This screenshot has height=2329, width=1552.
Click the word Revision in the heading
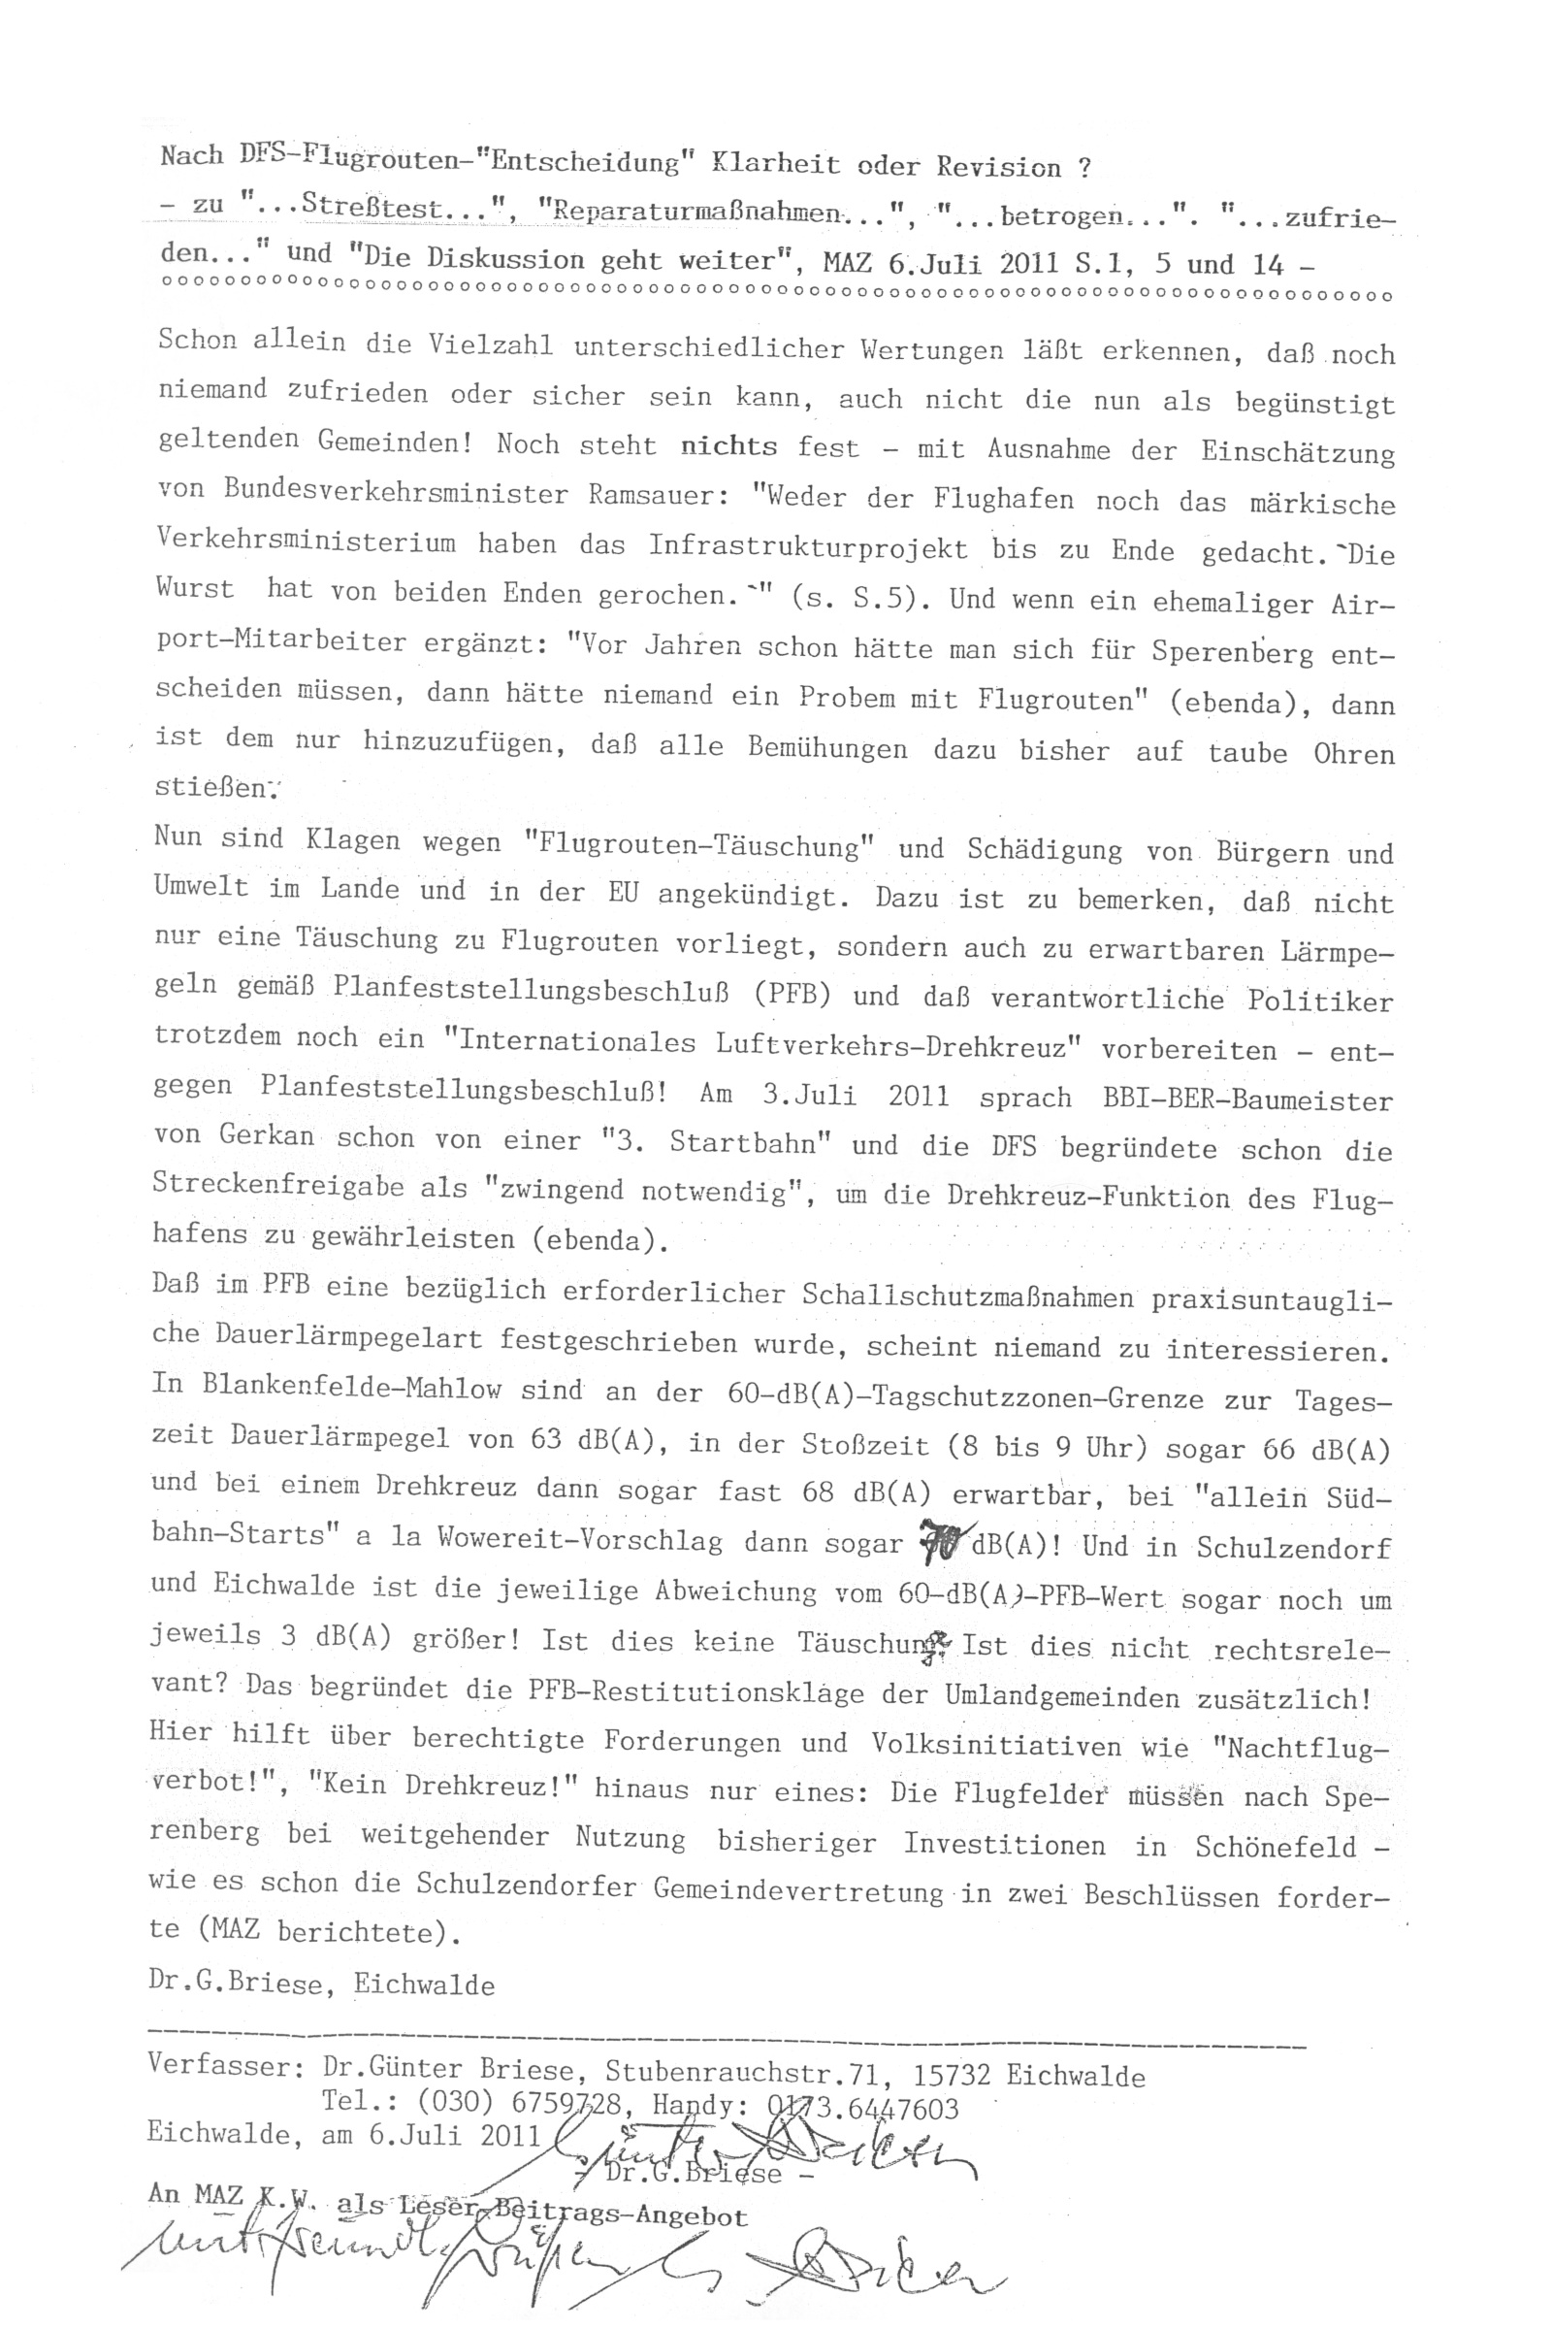point(999,165)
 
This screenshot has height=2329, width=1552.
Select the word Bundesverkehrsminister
point(396,492)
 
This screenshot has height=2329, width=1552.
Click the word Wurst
point(194,588)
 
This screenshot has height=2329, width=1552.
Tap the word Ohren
point(1353,754)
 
